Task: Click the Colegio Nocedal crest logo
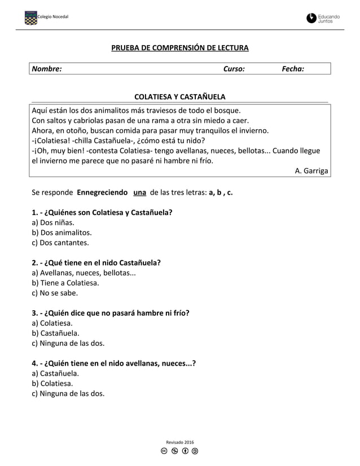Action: click(x=31, y=19)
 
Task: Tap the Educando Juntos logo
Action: click(x=323, y=19)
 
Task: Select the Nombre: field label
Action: click(x=47, y=69)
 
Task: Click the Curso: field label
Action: click(x=234, y=69)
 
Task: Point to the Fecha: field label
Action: click(x=292, y=69)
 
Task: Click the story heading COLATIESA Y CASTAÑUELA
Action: click(x=179, y=97)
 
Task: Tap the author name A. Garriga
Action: click(x=311, y=172)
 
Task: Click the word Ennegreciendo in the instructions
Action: click(x=102, y=192)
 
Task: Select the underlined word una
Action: click(x=139, y=192)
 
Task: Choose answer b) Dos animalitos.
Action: click(x=62, y=232)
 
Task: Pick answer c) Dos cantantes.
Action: click(x=60, y=243)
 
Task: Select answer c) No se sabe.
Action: click(x=55, y=293)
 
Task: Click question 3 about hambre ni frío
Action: click(x=111, y=313)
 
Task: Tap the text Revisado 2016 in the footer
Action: click(x=180, y=442)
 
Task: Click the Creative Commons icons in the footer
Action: click(x=180, y=451)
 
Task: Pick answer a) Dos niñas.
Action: click(x=53, y=222)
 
